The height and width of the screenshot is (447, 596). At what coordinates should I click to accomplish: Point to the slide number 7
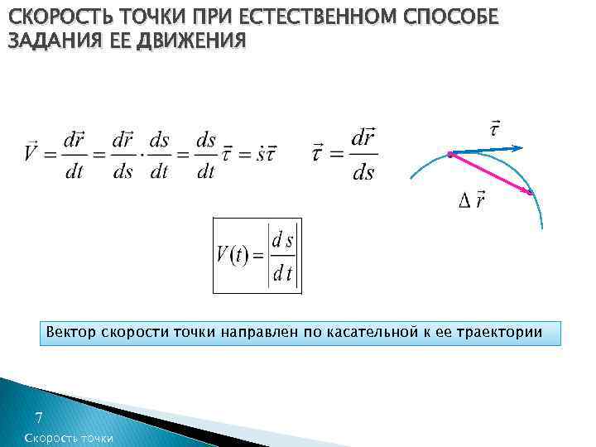pos(38,419)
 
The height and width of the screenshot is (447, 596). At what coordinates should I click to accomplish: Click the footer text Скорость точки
pos(70,439)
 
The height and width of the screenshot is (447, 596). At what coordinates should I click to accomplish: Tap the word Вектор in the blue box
pos(71,333)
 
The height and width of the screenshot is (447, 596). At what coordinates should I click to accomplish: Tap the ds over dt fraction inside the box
pos(284,255)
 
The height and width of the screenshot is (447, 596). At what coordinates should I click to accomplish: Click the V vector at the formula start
pos(31,153)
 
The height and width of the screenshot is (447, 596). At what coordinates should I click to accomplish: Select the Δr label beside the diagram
pos(473,199)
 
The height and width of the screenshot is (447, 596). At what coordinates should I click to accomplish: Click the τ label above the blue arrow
pos(494,129)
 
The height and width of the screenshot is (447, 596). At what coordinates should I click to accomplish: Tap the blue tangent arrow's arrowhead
pos(517,147)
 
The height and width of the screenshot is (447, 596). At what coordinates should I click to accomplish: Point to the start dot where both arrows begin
pos(449,154)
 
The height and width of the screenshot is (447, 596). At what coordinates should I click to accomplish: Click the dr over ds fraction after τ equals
pos(363,154)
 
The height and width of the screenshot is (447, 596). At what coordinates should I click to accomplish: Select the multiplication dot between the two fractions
pos(138,154)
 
